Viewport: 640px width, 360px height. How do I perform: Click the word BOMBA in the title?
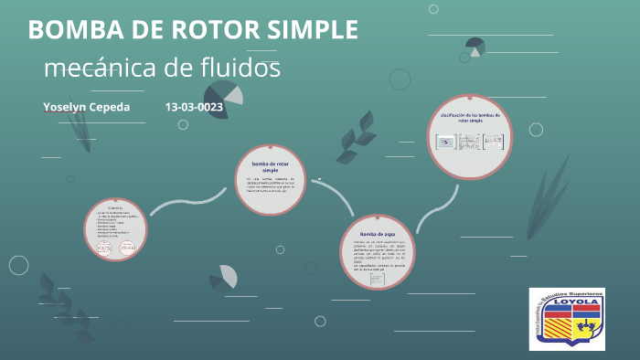click(75, 29)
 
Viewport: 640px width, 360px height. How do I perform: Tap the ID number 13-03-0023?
click(194, 107)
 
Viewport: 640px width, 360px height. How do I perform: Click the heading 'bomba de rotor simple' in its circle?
click(270, 166)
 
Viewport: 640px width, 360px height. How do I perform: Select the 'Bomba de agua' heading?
click(378, 235)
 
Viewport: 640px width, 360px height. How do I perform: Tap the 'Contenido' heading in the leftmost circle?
click(115, 208)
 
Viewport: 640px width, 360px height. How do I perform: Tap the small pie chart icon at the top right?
click(475, 46)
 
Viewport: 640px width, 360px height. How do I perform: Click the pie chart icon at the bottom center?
click(223, 277)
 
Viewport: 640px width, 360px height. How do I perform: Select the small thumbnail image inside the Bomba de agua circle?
click(378, 281)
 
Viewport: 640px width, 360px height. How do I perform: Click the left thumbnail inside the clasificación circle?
click(446, 143)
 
